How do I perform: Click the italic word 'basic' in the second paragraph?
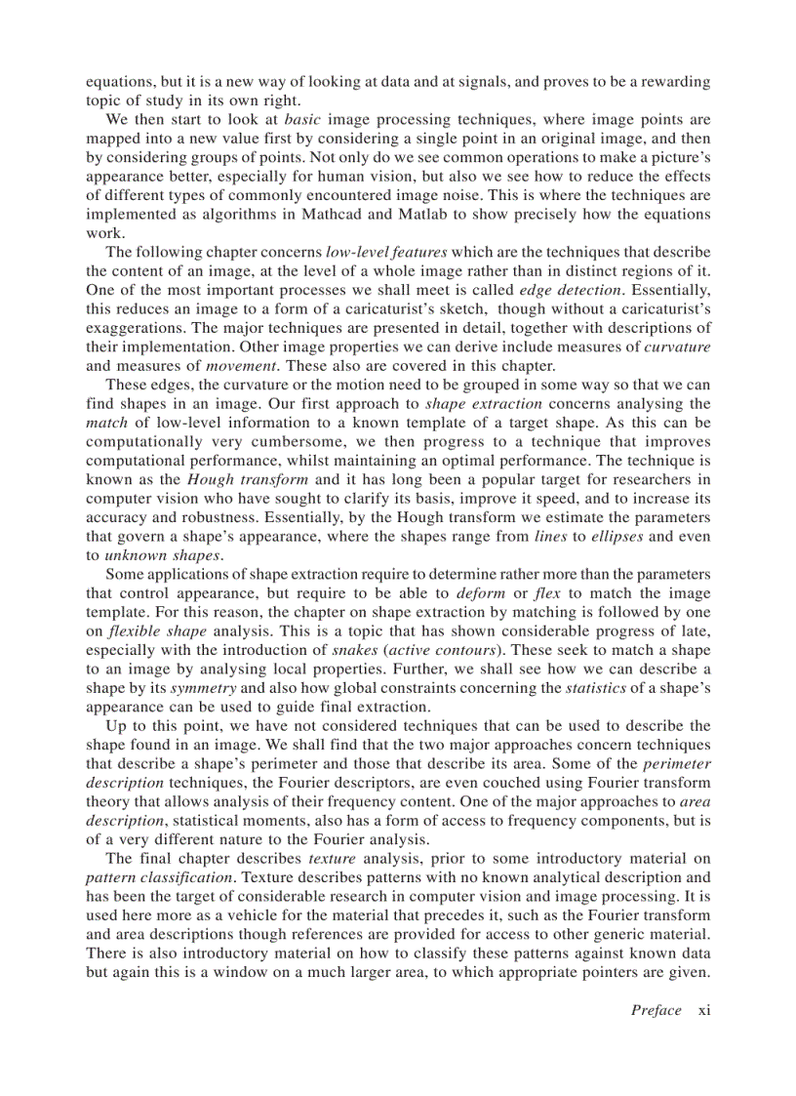click(302, 120)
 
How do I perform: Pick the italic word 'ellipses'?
click(628, 536)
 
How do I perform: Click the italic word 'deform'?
click(480, 592)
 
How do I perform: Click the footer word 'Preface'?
click(656, 1010)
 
